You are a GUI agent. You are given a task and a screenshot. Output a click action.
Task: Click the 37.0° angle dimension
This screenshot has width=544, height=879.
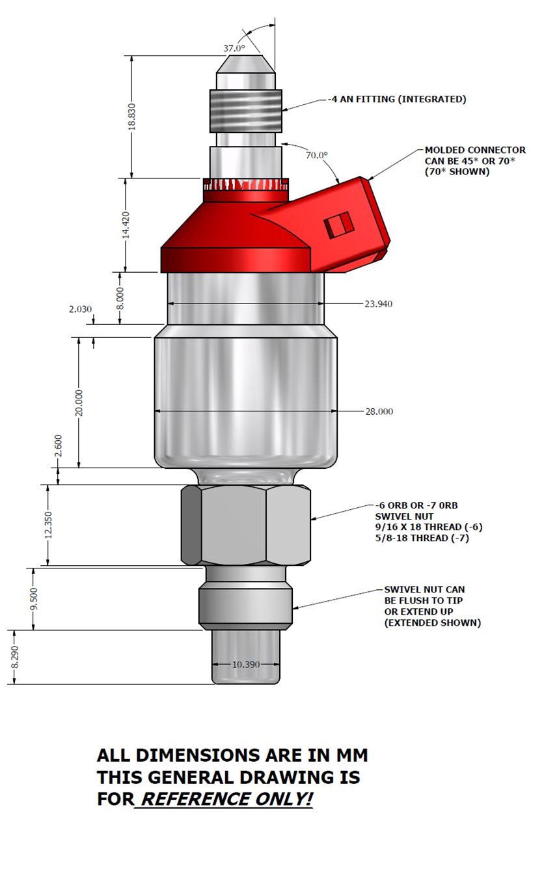click(234, 48)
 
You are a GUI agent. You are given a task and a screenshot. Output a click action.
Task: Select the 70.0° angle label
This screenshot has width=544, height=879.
click(317, 155)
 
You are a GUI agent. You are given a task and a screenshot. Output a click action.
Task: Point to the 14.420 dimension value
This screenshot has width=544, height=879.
click(126, 225)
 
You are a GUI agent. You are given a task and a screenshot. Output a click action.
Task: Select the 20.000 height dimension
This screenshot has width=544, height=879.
click(79, 402)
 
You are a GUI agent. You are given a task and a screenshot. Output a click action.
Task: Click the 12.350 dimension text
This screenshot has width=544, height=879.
click(48, 525)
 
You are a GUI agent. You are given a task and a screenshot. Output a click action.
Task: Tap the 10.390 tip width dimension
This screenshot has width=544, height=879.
click(246, 664)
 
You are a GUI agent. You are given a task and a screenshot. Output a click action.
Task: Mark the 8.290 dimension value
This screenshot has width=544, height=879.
click(14, 657)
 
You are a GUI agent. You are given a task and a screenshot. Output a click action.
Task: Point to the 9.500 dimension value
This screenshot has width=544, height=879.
click(34, 598)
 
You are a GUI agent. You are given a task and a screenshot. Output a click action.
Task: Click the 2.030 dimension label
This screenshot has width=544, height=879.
click(81, 309)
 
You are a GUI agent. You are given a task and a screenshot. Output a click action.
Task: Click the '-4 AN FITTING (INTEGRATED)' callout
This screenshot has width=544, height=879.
click(397, 100)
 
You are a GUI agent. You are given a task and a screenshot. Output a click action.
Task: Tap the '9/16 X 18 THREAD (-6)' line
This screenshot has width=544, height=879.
click(429, 527)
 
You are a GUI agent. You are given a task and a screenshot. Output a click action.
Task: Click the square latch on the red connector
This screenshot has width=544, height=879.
click(338, 225)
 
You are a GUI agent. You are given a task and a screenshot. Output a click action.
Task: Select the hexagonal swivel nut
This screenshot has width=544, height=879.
click(246, 525)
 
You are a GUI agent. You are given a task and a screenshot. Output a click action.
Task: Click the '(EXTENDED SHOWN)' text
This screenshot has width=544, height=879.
click(432, 623)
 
